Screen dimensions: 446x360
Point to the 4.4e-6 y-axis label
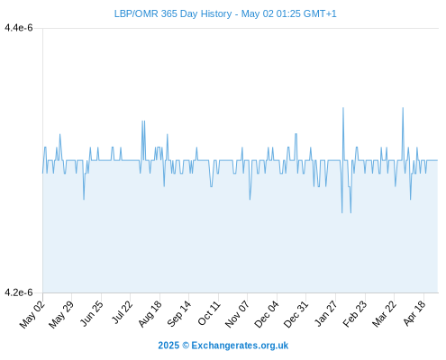coord(19,28)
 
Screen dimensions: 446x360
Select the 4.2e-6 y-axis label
coord(19,292)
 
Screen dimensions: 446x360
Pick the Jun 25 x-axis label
coord(91,313)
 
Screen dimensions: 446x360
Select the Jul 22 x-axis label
coord(122,312)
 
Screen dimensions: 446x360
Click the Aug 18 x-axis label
coord(150,313)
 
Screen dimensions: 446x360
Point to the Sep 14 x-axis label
coord(178,313)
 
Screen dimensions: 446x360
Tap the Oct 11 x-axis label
coord(209,313)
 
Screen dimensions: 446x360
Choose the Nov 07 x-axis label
coord(237,314)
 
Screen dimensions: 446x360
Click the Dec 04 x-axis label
coord(267,314)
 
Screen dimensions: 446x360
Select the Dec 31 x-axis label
coord(296,314)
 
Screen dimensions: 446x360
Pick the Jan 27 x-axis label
coord(326,313)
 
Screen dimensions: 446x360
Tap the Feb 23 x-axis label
coord(355,313)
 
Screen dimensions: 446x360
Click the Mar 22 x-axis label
coord(384,314)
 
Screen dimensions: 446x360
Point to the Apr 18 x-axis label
coord(414,313)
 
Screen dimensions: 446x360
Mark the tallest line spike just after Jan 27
coord(343,107)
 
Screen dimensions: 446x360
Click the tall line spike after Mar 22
coord(403,107)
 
